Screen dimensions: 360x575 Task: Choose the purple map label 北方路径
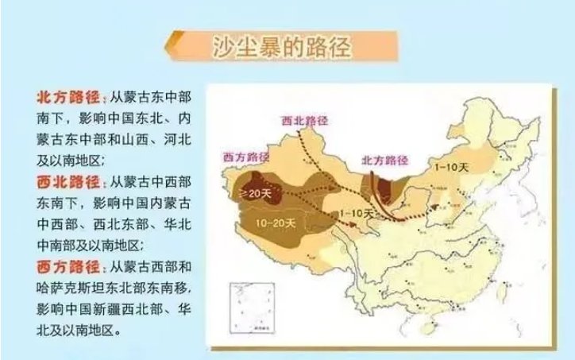tap(386, 159)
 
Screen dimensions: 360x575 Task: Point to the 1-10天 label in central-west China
tap(356, 213)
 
